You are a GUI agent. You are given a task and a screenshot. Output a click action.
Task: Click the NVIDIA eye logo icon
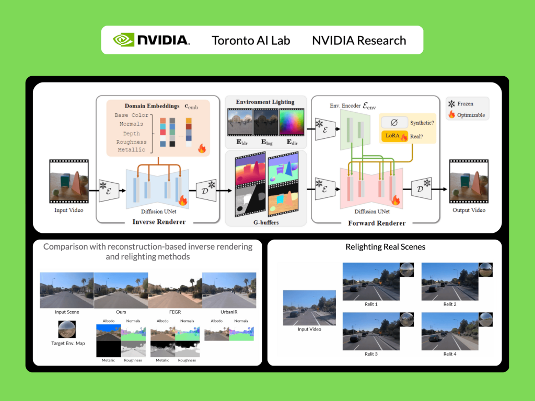coord(124,40)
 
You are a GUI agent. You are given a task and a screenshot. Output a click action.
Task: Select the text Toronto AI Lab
coord(251,40)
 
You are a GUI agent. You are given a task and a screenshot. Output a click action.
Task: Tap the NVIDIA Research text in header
coord(359,40)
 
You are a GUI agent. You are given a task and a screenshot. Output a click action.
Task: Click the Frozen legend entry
coord(464,104)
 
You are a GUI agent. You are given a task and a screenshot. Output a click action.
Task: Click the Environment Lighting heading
coord(265,102)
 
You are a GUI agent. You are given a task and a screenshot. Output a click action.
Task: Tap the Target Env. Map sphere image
coord(68,329)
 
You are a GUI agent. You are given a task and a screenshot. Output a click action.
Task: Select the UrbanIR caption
coord(229,312)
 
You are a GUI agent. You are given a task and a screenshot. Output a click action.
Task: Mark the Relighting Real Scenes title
coord(385,247)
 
